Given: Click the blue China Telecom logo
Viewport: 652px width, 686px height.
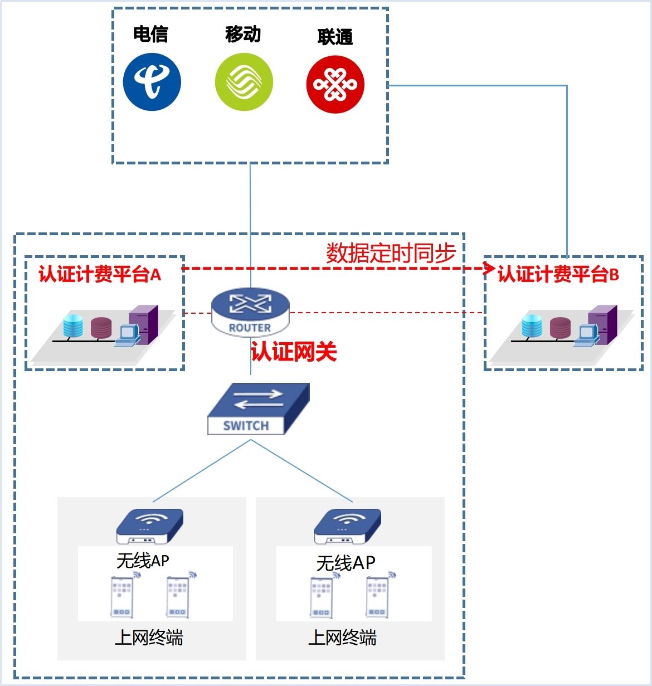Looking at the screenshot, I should [152, 82].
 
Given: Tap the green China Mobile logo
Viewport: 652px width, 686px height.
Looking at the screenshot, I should [244, 82].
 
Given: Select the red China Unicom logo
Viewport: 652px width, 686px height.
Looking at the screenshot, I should [335, 85].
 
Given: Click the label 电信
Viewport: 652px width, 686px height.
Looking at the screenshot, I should [150, 34].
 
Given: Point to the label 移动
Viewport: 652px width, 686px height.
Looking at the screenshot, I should [243, 34].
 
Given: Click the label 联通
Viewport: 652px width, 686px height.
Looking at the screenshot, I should [335, 37].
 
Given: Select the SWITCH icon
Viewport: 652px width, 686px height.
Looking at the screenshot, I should [258, 408].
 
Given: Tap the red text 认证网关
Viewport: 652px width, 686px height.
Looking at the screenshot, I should [294, 352].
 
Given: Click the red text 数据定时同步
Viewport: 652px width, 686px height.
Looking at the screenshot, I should [391, 253].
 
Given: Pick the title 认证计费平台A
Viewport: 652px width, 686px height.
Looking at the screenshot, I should [100, 274].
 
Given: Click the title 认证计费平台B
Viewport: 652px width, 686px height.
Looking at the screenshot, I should [558, 274].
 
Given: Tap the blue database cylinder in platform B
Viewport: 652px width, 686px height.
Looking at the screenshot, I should [532, 326].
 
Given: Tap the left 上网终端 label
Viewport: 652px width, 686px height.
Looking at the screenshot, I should [149, 637].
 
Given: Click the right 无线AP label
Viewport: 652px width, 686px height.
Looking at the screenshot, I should [346, 563].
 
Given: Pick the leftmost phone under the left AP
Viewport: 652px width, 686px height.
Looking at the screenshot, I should [122, 597].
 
